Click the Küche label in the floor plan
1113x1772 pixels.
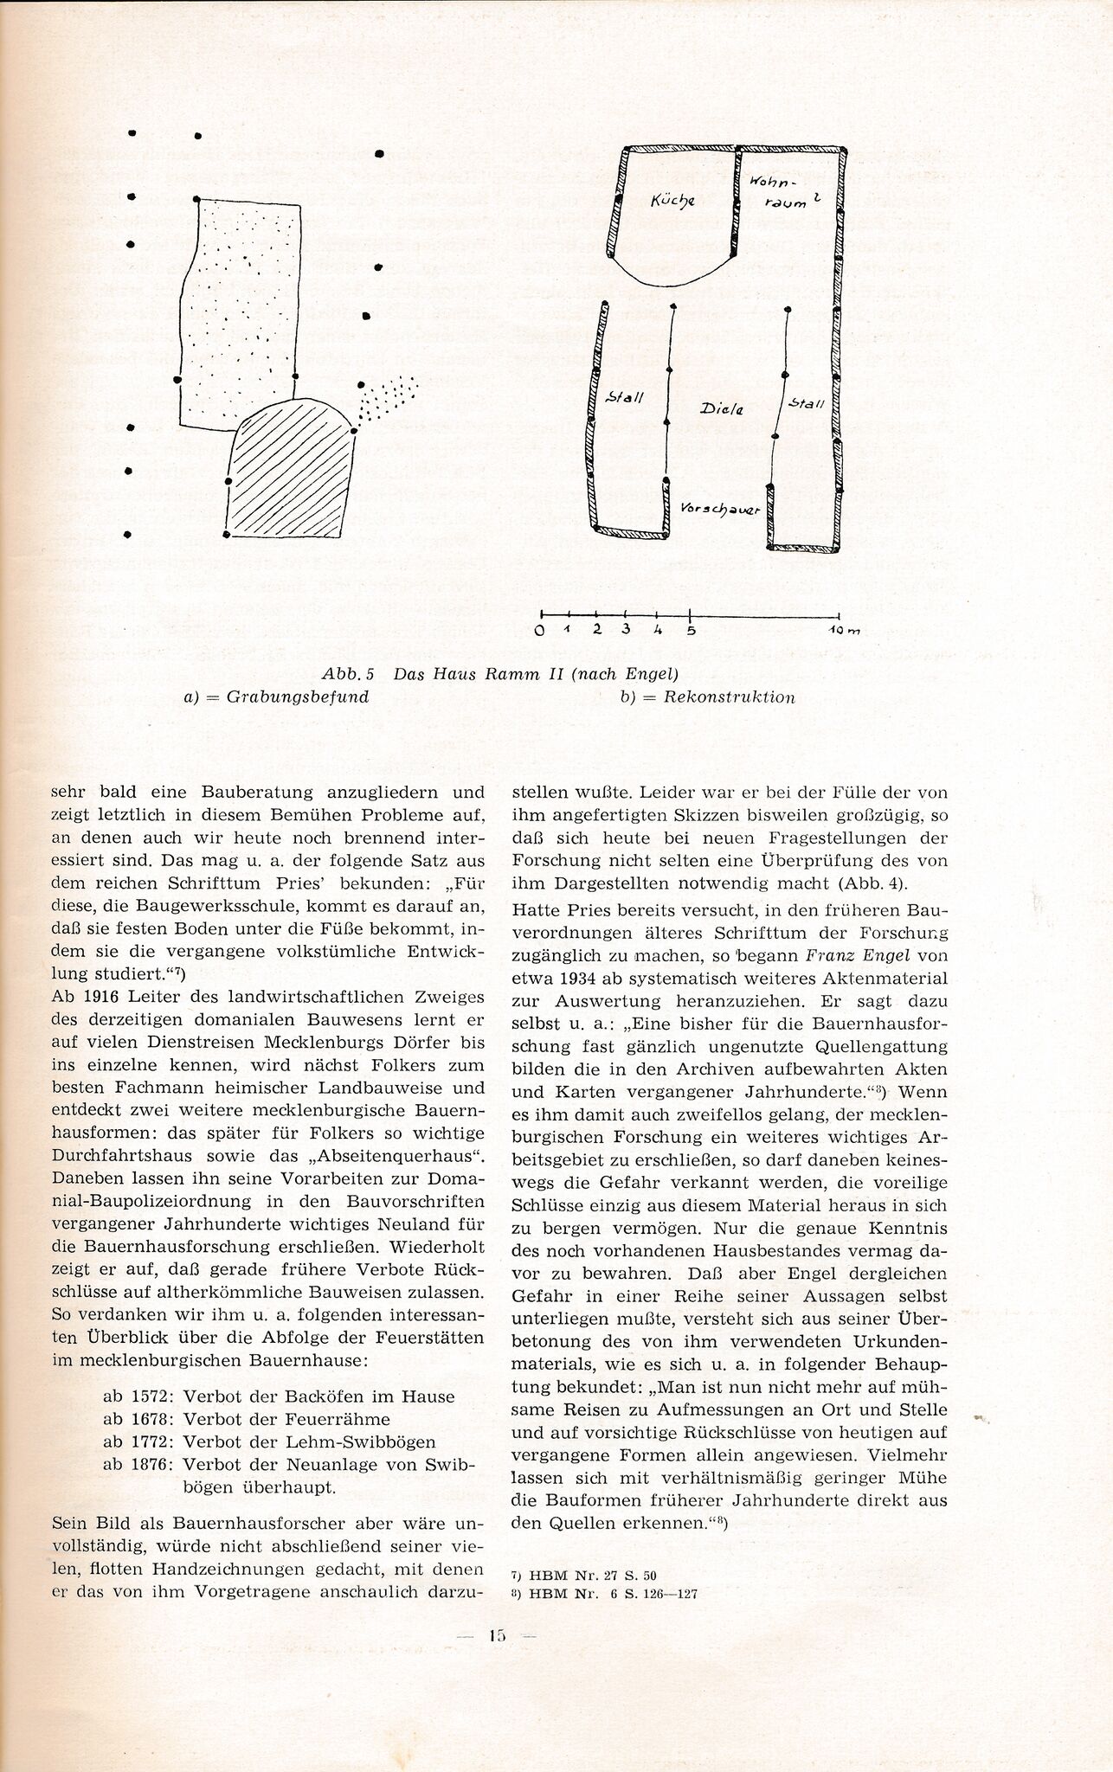point(672,202)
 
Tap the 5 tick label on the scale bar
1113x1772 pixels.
point(690,629)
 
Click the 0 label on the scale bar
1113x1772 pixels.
point(540,630)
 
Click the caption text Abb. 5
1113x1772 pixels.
point(345,673)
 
